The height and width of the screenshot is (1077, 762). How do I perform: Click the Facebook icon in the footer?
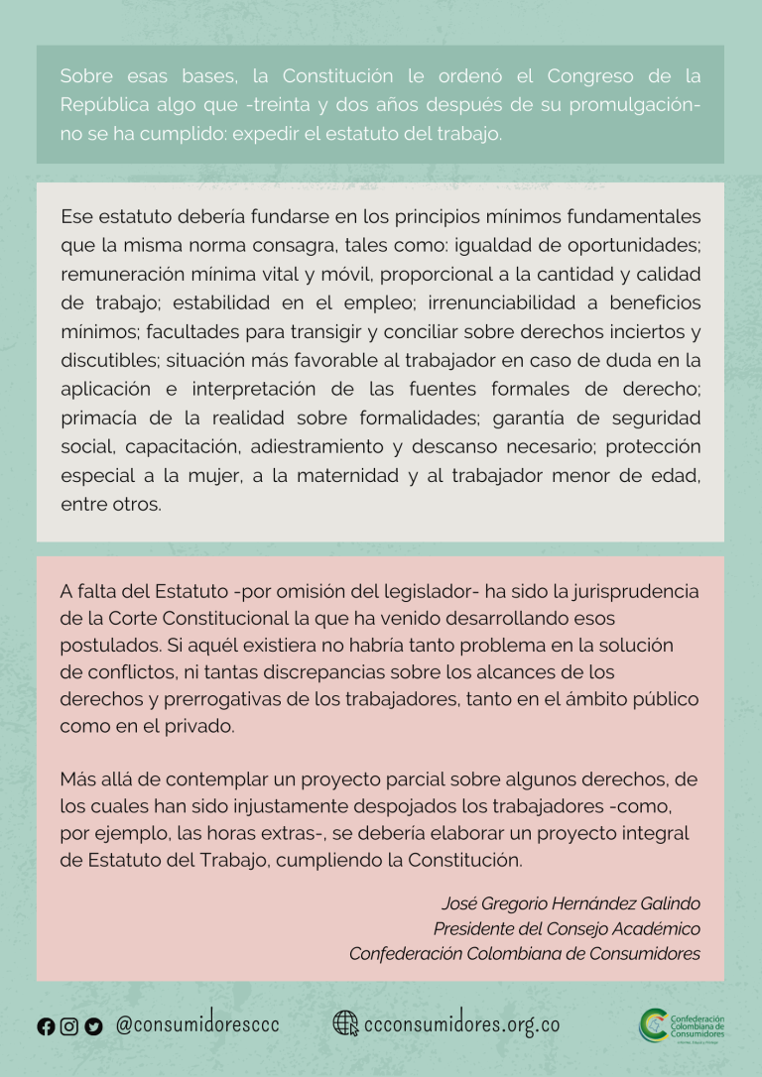click(46, 1027)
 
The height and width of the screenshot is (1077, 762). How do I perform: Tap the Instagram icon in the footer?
click(69, 1027)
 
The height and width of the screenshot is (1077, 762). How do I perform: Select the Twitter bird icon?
click(94, 1027)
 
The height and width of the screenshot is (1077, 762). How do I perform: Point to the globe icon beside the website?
click(345, 1023)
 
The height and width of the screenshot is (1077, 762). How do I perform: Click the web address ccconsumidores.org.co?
click(462, 1024)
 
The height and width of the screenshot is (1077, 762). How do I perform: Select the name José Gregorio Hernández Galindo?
click(571, 903)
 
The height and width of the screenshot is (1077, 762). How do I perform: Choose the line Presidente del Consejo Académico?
click(567, 929)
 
